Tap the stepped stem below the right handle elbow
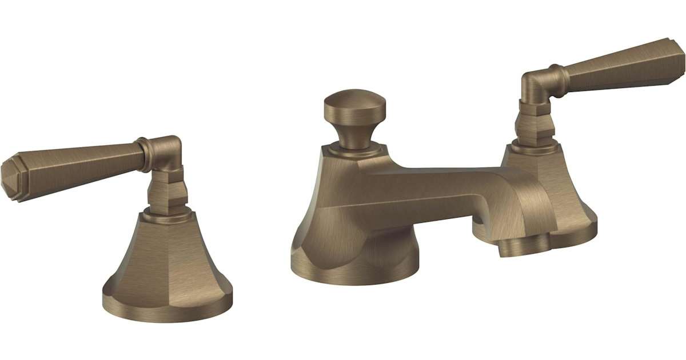pyautogui.click(x=534, y=123)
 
